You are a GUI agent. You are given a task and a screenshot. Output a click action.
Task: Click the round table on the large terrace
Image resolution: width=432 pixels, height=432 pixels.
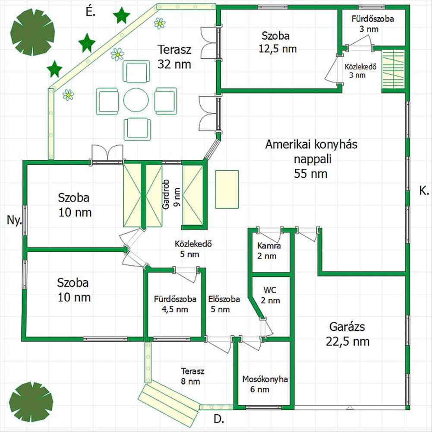136,100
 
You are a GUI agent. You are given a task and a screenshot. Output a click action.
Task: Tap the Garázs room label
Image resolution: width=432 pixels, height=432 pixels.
347,334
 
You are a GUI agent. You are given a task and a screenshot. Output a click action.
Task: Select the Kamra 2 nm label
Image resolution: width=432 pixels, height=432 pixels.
268,251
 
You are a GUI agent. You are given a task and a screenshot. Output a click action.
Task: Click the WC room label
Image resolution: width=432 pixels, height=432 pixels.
270,295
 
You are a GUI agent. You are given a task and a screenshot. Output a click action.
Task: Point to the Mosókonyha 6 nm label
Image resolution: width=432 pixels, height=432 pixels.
265,384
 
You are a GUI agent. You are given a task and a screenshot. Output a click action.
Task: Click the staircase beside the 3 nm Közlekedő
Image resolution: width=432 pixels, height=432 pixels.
393,70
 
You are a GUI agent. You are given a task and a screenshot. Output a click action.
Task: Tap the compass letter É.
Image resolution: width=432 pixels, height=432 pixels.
90,12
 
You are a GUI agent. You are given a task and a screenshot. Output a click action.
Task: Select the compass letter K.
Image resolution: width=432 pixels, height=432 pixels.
424,191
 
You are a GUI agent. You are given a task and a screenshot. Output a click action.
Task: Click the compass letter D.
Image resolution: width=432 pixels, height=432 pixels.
219,419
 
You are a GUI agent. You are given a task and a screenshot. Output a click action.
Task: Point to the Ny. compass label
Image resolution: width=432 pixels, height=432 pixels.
14,220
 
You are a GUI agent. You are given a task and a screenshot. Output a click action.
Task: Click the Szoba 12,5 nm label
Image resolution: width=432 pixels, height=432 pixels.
277,42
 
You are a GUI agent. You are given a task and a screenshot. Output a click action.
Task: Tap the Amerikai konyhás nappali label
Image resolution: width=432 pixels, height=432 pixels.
311,159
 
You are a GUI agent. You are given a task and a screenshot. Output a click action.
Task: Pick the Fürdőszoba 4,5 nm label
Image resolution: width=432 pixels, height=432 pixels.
175,304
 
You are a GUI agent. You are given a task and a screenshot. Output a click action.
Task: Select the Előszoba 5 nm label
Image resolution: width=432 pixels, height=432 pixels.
224,304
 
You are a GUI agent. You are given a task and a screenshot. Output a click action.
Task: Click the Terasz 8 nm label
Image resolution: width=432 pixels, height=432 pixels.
192,376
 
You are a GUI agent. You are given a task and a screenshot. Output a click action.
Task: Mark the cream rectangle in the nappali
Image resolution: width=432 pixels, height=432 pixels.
227,189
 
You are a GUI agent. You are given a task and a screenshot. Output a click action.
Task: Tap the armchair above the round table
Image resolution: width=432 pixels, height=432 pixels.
136,72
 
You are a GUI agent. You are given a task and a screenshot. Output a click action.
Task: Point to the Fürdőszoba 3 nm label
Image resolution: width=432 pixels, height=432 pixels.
372,24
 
